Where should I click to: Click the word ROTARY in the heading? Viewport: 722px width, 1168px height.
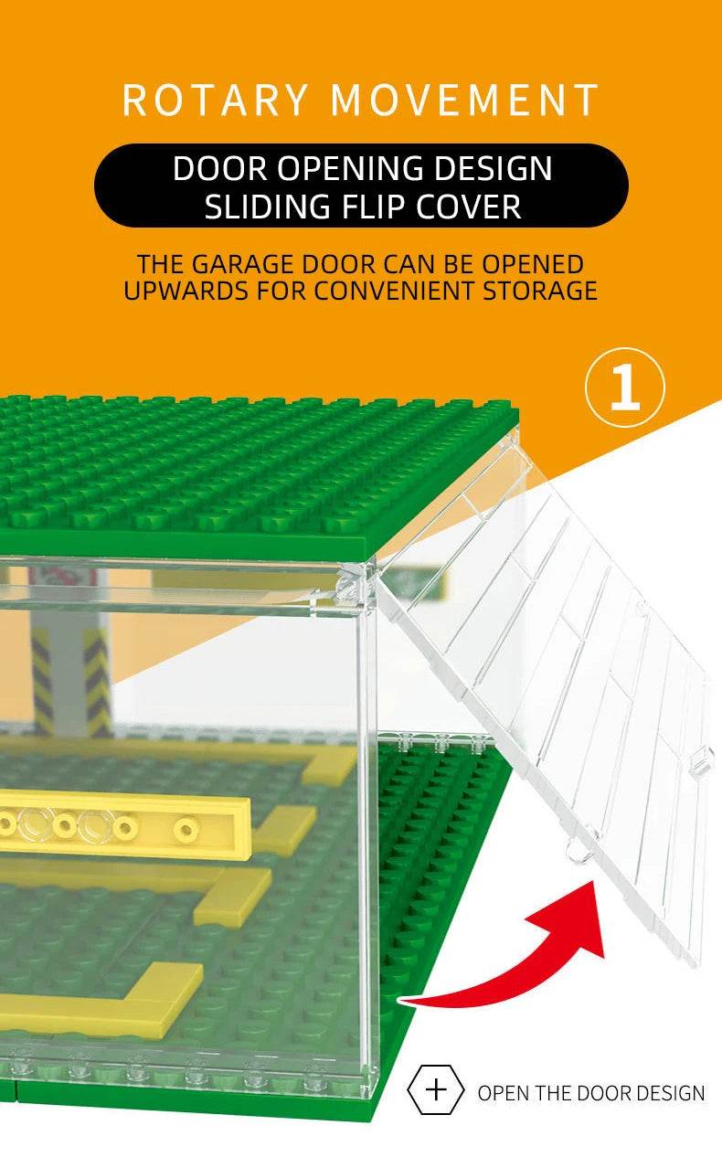(215, 100)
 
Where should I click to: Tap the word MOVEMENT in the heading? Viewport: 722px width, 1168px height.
(465, 100)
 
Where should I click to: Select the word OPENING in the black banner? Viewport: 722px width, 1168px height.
(350, 168)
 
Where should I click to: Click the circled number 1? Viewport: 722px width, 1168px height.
(625, 387)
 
